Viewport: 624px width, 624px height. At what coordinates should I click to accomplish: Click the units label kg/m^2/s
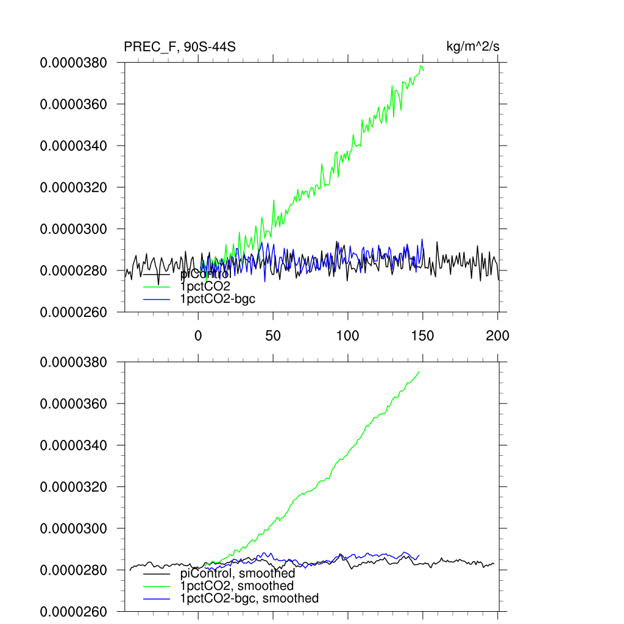click(473, 47)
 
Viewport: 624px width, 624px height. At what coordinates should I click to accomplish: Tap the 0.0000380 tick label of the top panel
click(73, 63)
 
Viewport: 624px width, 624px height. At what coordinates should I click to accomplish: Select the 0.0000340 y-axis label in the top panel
click(73, 146)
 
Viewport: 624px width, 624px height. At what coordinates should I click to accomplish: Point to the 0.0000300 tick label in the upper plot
click(73, 229)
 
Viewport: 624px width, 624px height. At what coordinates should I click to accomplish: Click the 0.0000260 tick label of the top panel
click(73, 312)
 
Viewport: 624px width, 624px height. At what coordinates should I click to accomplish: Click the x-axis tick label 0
click(198, 335)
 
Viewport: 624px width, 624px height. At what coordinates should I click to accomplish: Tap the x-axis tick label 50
click(273, 335)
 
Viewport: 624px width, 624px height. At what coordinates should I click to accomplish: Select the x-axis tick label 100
click(348, 335)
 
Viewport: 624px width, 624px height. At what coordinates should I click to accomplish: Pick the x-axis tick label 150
click(423, 335)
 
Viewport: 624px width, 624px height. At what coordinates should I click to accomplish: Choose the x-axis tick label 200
click(498, 335)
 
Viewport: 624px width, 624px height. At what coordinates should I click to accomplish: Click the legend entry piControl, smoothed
click(238, 573)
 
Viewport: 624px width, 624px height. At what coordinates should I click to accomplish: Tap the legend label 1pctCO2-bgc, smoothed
click(249, 598)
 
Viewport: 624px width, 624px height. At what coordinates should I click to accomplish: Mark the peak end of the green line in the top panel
click(421, 66)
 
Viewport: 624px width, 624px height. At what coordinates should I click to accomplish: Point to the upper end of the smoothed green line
click(419, 372)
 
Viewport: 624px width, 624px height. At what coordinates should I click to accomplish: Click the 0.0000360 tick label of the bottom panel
click(73, 404)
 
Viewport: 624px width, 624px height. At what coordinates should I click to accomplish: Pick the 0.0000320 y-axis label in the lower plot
click(73, 487)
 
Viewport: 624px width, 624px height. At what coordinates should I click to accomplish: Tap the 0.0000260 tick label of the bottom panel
click(73, 611)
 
